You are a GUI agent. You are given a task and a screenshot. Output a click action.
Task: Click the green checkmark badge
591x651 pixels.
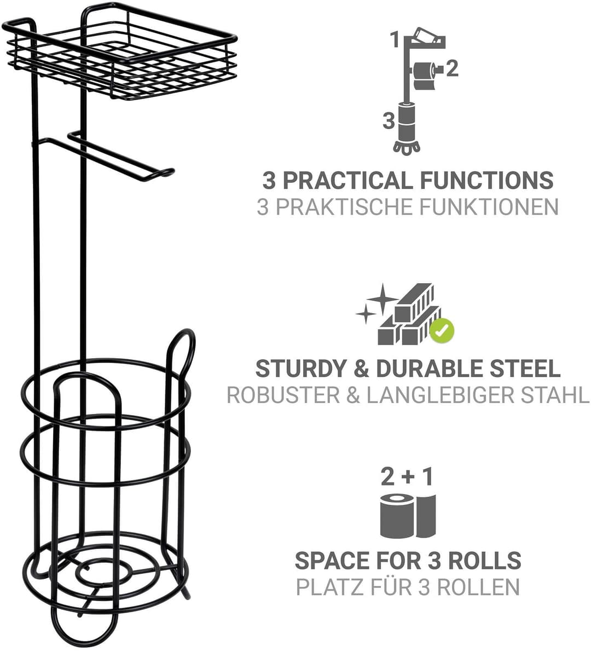pyautogui.click(x=442, y=331)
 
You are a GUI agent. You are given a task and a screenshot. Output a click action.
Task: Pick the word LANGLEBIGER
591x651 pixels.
pyautogui.click(x=441, y=395)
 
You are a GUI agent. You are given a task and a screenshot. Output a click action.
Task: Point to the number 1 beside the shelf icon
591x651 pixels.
pyautogui.click(x=395, y=41)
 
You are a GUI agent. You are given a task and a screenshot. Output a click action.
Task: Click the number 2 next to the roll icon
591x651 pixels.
pyautogui.click(x=452, y=68)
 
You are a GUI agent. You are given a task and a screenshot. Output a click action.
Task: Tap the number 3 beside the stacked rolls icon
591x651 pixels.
pyautogui.click(x=389, y=121)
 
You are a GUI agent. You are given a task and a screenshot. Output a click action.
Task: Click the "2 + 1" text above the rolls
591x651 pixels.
pyautogui.click(x=407, y=476)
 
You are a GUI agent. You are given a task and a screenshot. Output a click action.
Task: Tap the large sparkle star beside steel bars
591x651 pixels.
pyautogui.click(x=382, y=298)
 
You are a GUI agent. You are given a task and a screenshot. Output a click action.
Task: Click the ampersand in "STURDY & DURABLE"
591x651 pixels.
pyautogui.click(x=361, y=368)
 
